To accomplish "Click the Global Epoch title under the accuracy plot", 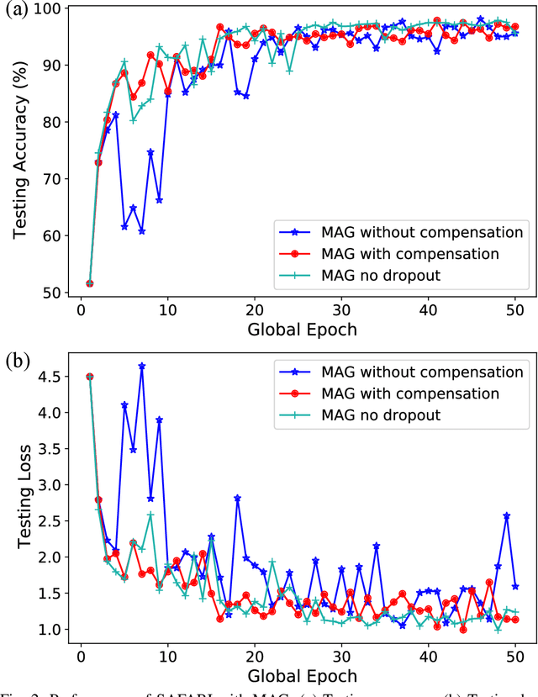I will tap(302, 330).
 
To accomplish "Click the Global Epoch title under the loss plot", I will tap(302, 675).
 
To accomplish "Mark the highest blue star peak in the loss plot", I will tap(142, 366).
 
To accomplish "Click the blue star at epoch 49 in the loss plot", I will tap(507, 515).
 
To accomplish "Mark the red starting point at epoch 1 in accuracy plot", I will tap(90, 283).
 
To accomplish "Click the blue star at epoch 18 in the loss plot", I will tap(238, 498).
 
